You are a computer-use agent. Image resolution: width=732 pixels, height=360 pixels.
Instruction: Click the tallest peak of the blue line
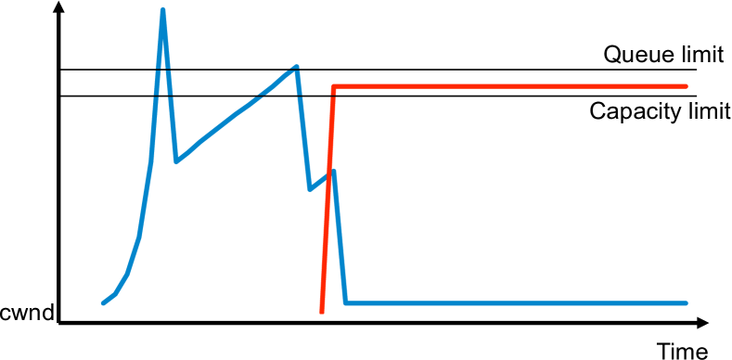163,11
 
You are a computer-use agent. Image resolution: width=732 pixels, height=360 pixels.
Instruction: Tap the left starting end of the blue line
103,302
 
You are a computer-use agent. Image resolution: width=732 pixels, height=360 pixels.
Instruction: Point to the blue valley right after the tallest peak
176,161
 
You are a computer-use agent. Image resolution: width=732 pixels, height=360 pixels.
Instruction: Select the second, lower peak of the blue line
296,67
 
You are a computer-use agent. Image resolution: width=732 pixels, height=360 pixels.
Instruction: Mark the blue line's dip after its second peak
310,189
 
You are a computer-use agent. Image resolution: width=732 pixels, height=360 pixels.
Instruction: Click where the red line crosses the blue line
328,176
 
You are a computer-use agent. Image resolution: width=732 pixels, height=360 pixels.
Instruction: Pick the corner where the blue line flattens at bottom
345,302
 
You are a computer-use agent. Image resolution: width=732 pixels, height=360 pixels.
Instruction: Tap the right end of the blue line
686,302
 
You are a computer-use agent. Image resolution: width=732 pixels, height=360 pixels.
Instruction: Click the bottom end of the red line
321,313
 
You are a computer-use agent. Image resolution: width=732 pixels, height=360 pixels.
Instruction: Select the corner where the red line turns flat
333,87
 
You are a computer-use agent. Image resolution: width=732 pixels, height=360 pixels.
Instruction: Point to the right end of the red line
686,86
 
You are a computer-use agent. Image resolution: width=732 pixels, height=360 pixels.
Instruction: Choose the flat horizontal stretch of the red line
510,86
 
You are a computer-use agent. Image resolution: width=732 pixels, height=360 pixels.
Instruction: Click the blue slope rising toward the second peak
237,114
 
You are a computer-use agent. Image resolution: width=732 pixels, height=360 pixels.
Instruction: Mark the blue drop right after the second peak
303,130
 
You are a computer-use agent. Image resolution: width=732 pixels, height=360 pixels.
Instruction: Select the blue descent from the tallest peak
170,88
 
